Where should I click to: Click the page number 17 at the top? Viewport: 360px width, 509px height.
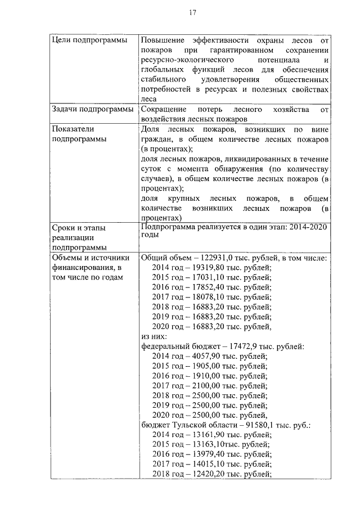192,13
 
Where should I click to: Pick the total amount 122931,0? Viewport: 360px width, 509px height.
215,258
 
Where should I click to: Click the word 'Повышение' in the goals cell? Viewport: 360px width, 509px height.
162,40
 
